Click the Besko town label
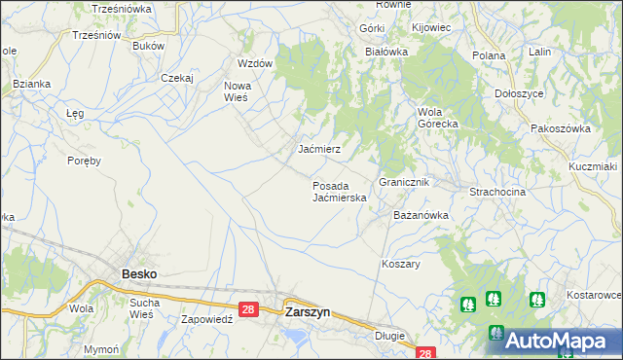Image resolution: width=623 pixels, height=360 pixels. [138, 274]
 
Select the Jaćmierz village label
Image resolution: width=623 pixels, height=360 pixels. [318, 150]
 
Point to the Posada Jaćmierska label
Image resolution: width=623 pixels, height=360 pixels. [339, 191]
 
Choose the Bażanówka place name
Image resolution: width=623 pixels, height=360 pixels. [420, 214]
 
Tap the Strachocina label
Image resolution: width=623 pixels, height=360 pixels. [497, 192]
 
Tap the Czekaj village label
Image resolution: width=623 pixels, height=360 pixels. [178, 77]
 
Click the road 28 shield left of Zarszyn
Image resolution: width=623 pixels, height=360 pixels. [248, 309]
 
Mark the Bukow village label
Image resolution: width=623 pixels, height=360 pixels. [148, 46]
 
